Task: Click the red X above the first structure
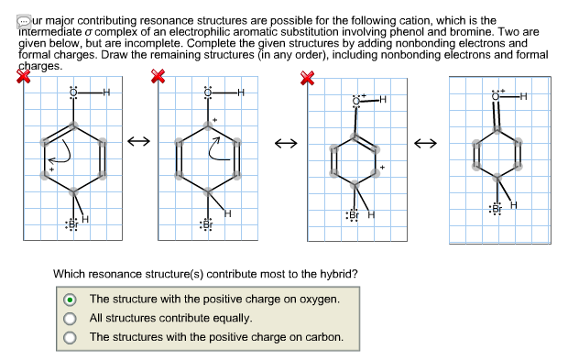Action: coord(24,80)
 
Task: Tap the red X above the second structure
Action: coord(158,80)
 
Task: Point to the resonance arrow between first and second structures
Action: coord(138,142)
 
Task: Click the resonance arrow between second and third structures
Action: coord(286,143)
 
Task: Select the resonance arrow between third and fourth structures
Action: coord(426,143)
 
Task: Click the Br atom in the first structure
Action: coord(72,224)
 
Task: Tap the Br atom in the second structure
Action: coord(208,224)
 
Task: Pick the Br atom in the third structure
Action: coord(353,215)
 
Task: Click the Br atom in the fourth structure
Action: coord(497,209)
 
